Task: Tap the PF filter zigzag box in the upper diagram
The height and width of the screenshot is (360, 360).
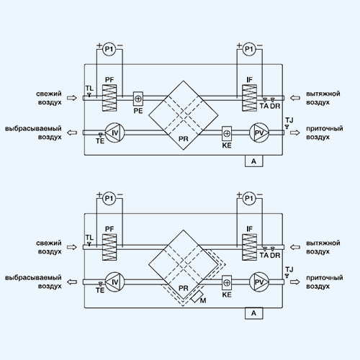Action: point(109,98)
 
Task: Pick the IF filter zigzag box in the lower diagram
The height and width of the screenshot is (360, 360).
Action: point(249,247)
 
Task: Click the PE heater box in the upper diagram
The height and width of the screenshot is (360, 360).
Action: point(138,99)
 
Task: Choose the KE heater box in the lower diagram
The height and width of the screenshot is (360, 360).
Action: point(227,283)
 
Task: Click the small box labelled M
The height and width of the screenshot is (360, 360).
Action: point(197,297)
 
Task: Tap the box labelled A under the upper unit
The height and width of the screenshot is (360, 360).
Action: point(253,161)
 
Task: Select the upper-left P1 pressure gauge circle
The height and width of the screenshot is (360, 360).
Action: point(109,50)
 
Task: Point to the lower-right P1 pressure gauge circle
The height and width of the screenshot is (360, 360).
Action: point(249,199)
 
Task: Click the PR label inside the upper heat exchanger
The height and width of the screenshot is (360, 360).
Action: point(184,139)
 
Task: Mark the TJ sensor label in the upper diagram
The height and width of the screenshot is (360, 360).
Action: point(289,120)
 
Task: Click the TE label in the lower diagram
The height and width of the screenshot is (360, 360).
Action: point(100,290)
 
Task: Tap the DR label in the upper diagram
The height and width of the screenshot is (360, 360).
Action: point(275,106)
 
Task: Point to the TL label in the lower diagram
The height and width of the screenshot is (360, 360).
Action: point(89,238)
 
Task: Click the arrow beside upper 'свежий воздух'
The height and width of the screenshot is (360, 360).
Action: point(72,98)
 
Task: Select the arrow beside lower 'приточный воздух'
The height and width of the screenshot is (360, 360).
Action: point(295,282)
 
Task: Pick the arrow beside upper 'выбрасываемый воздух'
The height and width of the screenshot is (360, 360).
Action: point(72,132)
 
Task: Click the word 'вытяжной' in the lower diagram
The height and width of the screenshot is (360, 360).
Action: point(323,243)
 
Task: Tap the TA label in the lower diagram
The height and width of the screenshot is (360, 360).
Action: point(264,255)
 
